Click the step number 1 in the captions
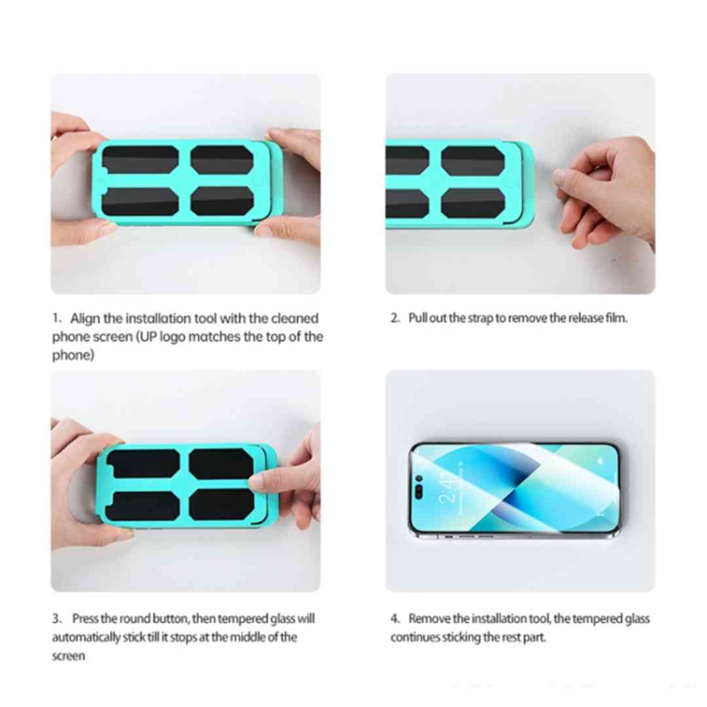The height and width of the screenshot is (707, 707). [55, 319]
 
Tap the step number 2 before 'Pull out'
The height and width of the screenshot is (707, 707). [394, 318]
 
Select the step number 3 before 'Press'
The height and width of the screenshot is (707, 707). [56, 619]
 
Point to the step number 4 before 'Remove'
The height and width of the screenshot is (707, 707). [395, 619]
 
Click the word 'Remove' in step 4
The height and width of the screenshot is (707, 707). [429, 619]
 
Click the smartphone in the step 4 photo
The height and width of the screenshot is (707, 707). [514, 490]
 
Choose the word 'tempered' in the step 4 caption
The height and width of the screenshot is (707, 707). [585, 619]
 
